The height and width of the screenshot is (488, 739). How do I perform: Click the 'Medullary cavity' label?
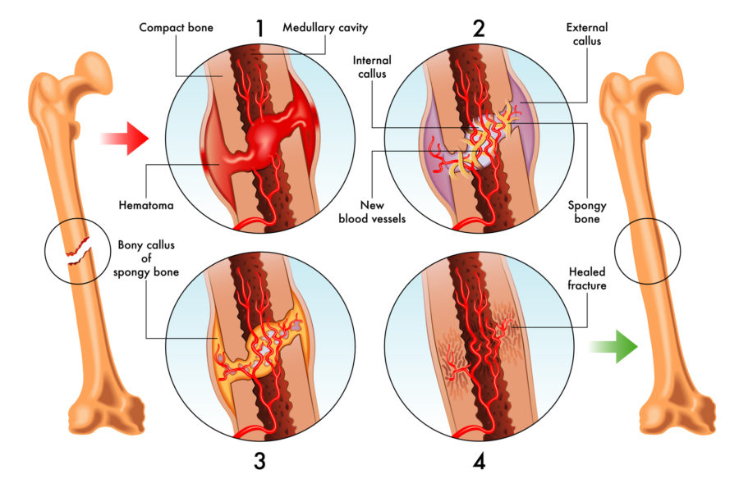point(324,27)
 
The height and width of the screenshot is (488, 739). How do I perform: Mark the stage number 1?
point(259,28)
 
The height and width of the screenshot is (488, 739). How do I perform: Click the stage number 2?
point(479,28)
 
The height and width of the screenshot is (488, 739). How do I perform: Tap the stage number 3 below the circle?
point(259,461)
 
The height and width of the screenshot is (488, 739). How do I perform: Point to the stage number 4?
point(479,461)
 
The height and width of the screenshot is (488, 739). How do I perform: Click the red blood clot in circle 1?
point(271,131)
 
